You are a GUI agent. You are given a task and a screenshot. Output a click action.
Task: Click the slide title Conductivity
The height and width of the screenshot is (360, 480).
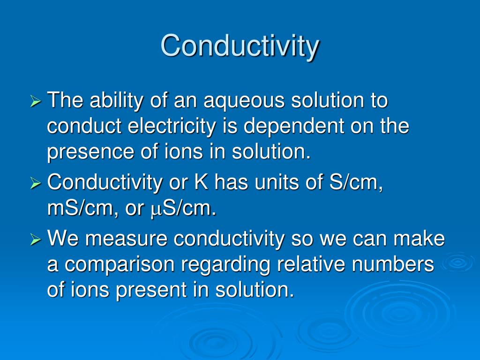point(240,46)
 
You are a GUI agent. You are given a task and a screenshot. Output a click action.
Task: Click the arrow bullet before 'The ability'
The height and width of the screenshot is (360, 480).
point(36,102)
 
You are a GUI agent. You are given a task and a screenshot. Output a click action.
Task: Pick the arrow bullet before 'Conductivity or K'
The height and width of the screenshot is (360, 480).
point(36,183)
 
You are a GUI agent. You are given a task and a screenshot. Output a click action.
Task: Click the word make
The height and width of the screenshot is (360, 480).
point(419,239)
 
